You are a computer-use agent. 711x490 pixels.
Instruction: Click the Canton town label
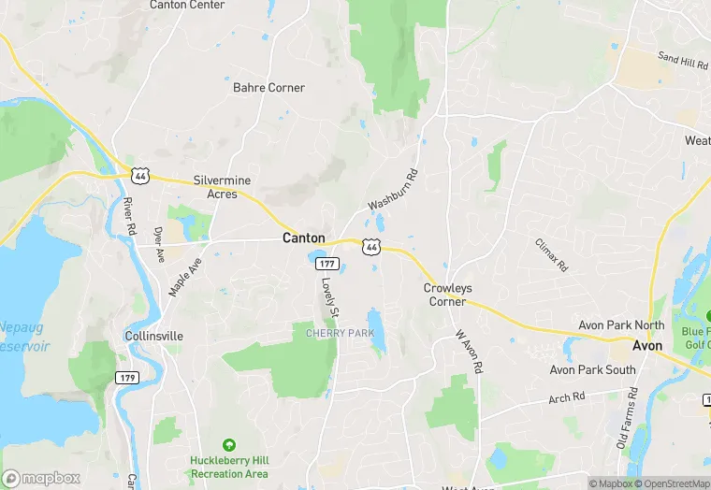[304, 238]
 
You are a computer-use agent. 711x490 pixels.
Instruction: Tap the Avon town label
[646, 345]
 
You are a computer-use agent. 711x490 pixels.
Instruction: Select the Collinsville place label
[153, 336]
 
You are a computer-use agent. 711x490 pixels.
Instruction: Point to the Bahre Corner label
[268, 88]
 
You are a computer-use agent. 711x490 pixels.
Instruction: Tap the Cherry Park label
[340, 333]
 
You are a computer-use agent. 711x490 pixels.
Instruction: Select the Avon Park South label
[593, 369]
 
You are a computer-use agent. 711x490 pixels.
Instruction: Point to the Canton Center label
[187, 5]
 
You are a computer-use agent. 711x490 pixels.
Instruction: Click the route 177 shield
[320, 265]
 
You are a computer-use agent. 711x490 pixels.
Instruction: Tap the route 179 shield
[127, 377]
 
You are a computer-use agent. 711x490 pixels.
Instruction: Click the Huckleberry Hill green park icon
[229, 445]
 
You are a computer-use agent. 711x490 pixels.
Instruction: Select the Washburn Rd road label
[393, 190]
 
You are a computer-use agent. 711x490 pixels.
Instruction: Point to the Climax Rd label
[551, 254]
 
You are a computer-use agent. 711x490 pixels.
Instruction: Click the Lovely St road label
[328, 296]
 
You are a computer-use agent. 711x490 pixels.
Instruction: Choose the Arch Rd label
[566, 396]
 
